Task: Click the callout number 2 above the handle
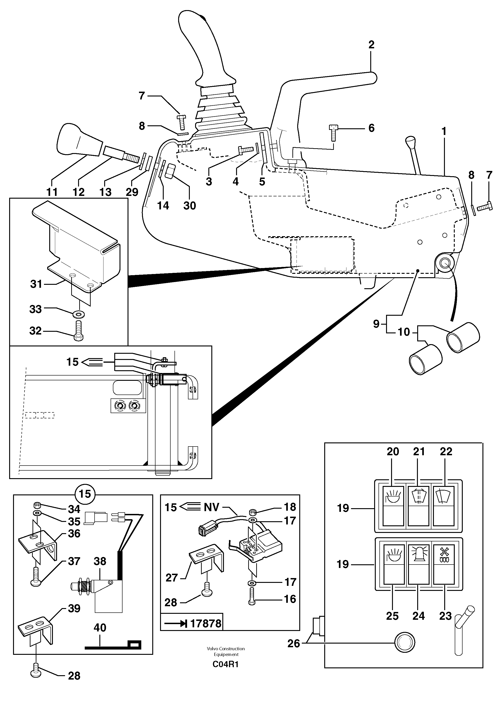click(x=371, y=45)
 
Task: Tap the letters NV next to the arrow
click(x=212, y=507)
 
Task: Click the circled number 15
click(x=85, y=494)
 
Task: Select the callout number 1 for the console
click(x=444, y=132)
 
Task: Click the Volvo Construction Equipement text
click(x=226, y=651)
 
